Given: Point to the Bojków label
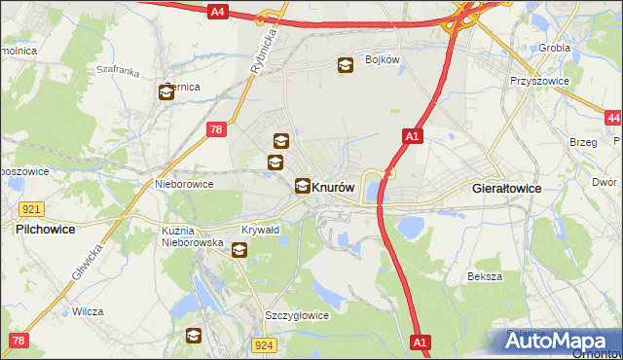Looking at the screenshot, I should pos(384,59).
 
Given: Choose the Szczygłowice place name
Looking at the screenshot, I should pos(297,316).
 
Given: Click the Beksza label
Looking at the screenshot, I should pos(484,276).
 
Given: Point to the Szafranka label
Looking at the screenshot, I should pos(118,71).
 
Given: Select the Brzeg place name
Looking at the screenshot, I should pos(583,142).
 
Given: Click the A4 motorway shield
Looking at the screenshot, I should pos(218,12).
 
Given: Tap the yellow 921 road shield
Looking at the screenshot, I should pos(30,209).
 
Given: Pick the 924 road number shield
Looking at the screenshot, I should pos(264,344).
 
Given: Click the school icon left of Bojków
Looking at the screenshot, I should pos(346,66).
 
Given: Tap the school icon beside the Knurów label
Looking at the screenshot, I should pos(303,185).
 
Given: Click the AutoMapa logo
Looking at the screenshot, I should pos(560,341).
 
